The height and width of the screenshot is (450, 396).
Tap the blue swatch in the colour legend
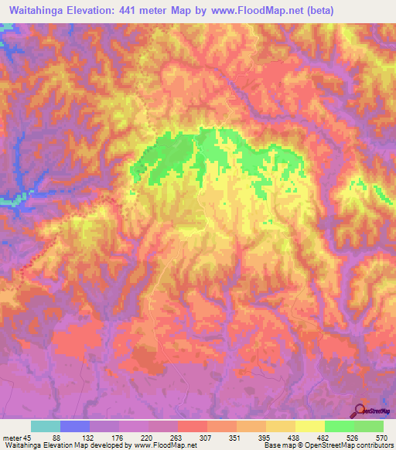pos(75,426)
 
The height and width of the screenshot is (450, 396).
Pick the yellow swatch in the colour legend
pos(309,426)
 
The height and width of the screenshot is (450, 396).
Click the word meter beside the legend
pos(10,437)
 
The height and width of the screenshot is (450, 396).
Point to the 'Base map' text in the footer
pos(277,445)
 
